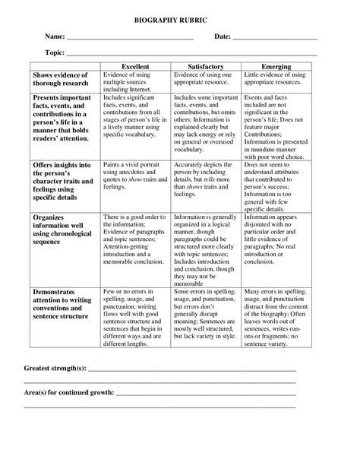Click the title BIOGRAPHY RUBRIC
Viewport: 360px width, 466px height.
click(x=180, y=14)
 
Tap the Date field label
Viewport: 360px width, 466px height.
click(x=222, y=37)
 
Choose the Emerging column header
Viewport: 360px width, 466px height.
click(x=276, y=67)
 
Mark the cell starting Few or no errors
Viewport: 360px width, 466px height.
click(x=134, y=319)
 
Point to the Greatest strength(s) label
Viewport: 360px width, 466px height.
click(x=55, y=369)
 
